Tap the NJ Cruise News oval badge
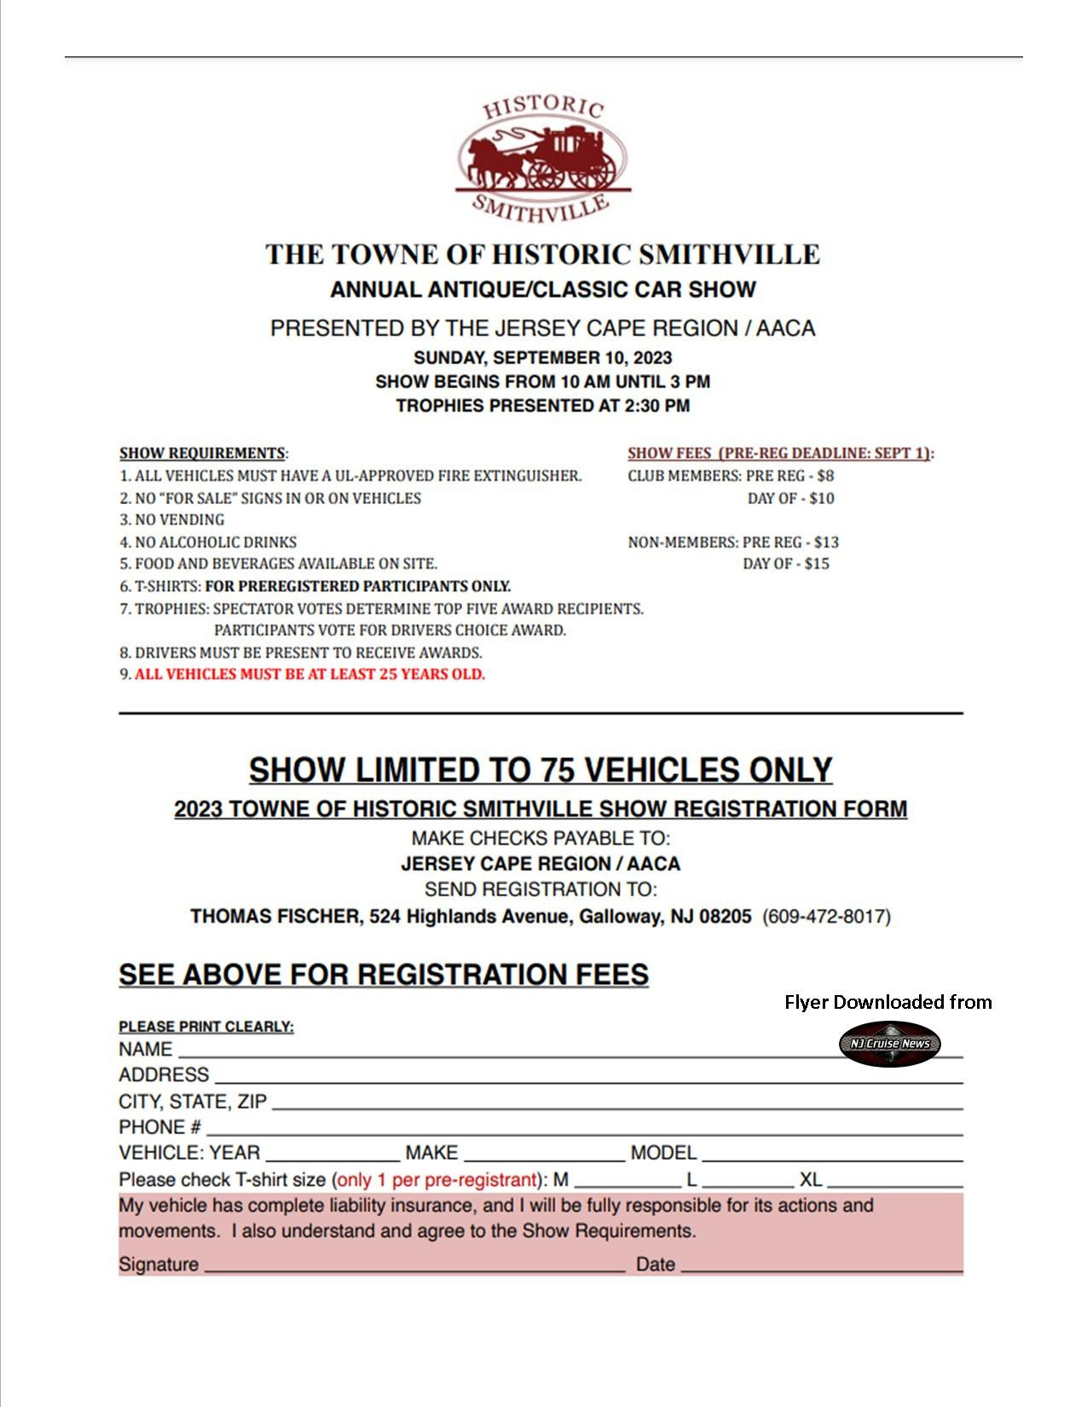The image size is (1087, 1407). click(889, 1044)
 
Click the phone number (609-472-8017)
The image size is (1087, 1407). click(826, 917)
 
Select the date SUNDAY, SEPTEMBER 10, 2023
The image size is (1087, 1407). click(543, 357)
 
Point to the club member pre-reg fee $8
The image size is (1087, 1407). click(824, 476)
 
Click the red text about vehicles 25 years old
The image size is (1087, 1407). click(309, 675)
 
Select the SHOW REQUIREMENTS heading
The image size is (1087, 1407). click(202, 454)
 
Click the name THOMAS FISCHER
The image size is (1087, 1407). click(275, 917)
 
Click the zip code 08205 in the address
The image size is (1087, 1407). click(726, 917)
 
